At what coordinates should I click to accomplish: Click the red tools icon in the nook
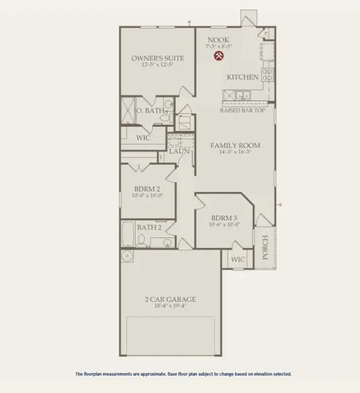tap(218, 56)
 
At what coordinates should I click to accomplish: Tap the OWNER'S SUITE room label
tap(157, 58)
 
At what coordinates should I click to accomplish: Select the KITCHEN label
tap(242, 77)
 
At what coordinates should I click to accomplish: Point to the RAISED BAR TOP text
tap(242, 111)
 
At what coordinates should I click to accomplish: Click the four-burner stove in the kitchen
tap(267, 75)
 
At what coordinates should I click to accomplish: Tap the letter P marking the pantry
tap(266, 33)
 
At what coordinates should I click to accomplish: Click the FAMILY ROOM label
tap(235, 146)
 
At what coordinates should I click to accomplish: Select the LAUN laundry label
tap(179, 151)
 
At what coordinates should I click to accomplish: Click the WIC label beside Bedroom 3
tap(238, 259)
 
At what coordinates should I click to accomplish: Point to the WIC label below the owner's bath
tap(143, 138)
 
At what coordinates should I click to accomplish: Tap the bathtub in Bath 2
tap(128, 235)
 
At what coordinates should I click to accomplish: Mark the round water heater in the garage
tap(127, 256)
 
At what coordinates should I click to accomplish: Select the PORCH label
tap(265, 247)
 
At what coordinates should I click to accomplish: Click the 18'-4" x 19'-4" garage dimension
tap(170, 306)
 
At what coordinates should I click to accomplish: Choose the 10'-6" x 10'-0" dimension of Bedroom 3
tap(224, 224)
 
